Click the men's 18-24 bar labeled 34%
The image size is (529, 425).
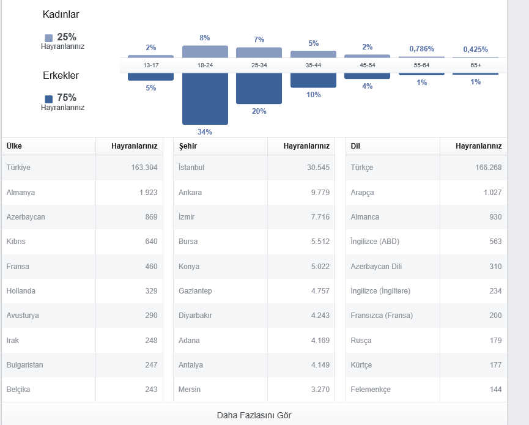(x=205, y=98)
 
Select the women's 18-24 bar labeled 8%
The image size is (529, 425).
(x=205, y=51)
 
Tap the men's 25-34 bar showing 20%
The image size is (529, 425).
(x=259, y=89)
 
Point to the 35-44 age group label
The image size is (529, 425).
(x=313, y=65)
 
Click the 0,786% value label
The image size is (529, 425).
(x=422, y=49)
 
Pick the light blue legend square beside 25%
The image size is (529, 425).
(x=49, y=38)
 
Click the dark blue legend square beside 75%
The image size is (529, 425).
(x=49, y=99)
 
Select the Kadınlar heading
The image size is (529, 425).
(x=61, y=14)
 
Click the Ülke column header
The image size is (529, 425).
(x=14, y=146)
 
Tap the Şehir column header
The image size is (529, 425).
(x=188, y=146)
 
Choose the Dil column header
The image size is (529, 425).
(x=355, y=146)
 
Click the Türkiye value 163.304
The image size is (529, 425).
(x=144, y=168)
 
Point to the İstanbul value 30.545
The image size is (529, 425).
(x=318, y=168)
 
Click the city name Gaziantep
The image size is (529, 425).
(x=195, y=290)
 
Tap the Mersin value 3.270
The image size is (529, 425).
(x=320, y=390)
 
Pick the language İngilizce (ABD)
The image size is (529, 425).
(x=375, y=242)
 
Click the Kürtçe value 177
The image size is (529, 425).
(x=495, y=364)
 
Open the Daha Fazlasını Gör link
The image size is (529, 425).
(x=254, y=415)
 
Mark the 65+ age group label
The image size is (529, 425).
(x=476, y=65)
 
